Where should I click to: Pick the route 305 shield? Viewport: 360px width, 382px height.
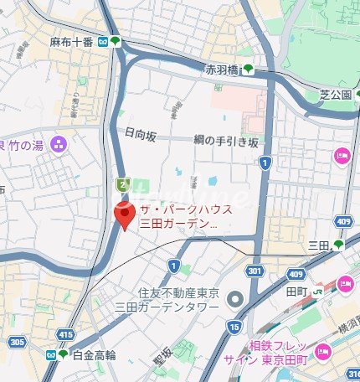pos(16,343)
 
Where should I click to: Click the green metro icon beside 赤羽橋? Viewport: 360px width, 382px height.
pos(248,70)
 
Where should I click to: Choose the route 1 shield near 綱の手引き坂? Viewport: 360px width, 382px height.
pos(265,163)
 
